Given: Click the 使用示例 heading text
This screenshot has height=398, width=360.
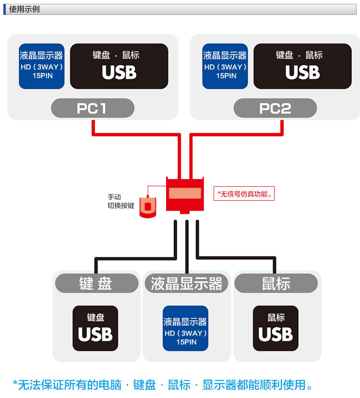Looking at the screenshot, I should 24,9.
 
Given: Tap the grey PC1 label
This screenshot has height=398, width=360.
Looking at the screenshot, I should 93,108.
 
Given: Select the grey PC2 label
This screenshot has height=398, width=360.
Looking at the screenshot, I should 275,108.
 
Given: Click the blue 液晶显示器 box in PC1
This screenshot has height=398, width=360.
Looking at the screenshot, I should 41,66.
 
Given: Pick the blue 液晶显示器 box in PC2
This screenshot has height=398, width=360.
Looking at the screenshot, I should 225,66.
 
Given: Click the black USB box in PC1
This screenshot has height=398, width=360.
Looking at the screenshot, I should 119,66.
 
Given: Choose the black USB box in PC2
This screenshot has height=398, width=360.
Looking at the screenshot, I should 302,66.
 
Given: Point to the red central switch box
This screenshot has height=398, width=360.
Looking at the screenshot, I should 185,194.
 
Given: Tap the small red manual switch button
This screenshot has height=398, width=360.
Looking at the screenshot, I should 148,207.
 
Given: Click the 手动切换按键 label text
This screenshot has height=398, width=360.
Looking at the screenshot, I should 120,202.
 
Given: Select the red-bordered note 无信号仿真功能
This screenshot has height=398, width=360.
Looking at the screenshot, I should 244,193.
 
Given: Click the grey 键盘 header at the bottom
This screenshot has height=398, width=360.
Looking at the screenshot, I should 96,283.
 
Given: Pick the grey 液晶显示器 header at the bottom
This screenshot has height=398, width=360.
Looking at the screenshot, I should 186,283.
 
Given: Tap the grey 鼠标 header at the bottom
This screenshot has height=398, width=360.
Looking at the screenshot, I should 276,283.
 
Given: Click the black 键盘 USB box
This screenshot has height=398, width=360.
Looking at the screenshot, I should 95,328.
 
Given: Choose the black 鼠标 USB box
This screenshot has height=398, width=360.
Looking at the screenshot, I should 276,328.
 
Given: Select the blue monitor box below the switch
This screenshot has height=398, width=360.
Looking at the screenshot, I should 185,328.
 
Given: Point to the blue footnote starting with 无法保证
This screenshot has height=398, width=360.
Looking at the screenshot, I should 163,385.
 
